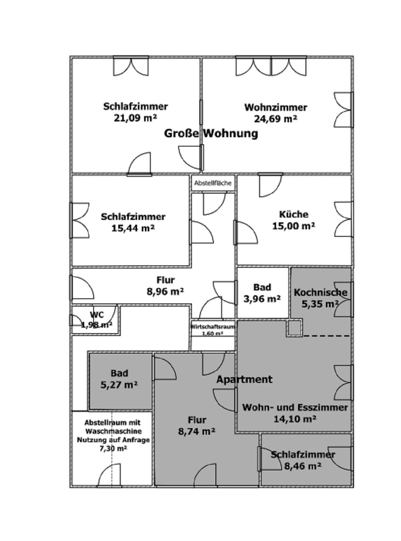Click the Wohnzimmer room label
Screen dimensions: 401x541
click(x=276, y=107)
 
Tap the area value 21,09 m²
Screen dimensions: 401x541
click(x=135, y=118)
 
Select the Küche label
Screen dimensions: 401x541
click(x=294, y=214)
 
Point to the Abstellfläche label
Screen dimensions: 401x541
click(x=213, y=183)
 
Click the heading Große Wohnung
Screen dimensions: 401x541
click(x=211, y=134)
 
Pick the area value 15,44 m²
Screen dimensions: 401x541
click(x=133, y=228)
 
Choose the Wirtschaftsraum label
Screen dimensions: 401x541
click(x=213, y=327)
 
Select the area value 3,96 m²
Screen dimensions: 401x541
click(x=262, y=299)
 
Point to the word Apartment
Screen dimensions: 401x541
click(x=244, y=379)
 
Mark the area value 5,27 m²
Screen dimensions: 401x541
click(x=119, y=385)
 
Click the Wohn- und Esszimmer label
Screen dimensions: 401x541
click(x=295, y=407)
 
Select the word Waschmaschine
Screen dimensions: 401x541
click(x=114, y=431)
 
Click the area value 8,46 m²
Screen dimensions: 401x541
click(x=302, y=466)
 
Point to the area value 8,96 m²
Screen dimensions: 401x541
click(x=165, y=291)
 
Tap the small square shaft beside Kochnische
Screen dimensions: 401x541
click(x=294, y=328)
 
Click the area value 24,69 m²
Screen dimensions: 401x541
click(x=276, y=119)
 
